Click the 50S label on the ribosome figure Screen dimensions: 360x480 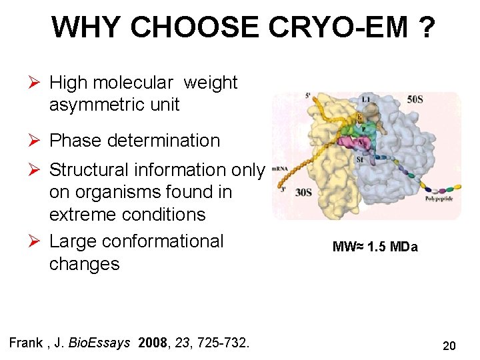[415, 99]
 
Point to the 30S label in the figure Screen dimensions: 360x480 [304, 192]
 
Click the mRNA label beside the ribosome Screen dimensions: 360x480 [279, 169]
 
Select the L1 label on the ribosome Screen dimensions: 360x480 [365, 99]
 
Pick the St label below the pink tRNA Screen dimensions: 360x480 [359, 159]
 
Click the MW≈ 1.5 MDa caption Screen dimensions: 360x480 [375, 247]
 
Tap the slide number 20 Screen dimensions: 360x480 [449, 346]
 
